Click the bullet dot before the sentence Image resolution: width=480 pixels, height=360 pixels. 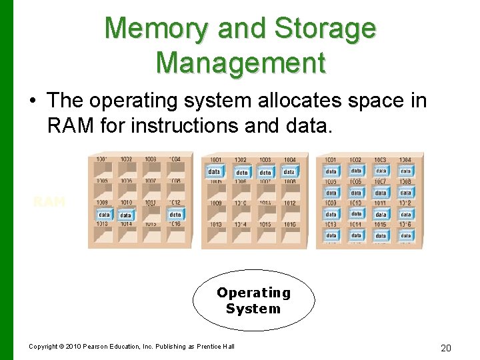click(32, 101)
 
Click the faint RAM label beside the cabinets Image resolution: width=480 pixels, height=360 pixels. click(49, 201)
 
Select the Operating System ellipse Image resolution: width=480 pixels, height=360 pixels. click(253, 301)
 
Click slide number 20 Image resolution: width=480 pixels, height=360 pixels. click(447, 347)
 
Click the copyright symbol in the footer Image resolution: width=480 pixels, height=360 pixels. click(61, 347)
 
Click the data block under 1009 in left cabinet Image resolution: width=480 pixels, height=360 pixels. click(105, 215)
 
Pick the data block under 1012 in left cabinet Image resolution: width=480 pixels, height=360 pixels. click(175, 215)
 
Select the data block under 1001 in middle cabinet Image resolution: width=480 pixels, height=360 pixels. click(215, 171)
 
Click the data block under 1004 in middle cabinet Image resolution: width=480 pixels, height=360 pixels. click(289, 172)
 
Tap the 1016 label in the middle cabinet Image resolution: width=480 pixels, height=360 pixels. click(289, 225)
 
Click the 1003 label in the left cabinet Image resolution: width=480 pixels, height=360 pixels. click(151, 159)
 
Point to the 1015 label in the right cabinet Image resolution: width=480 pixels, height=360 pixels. click(380, 225)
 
